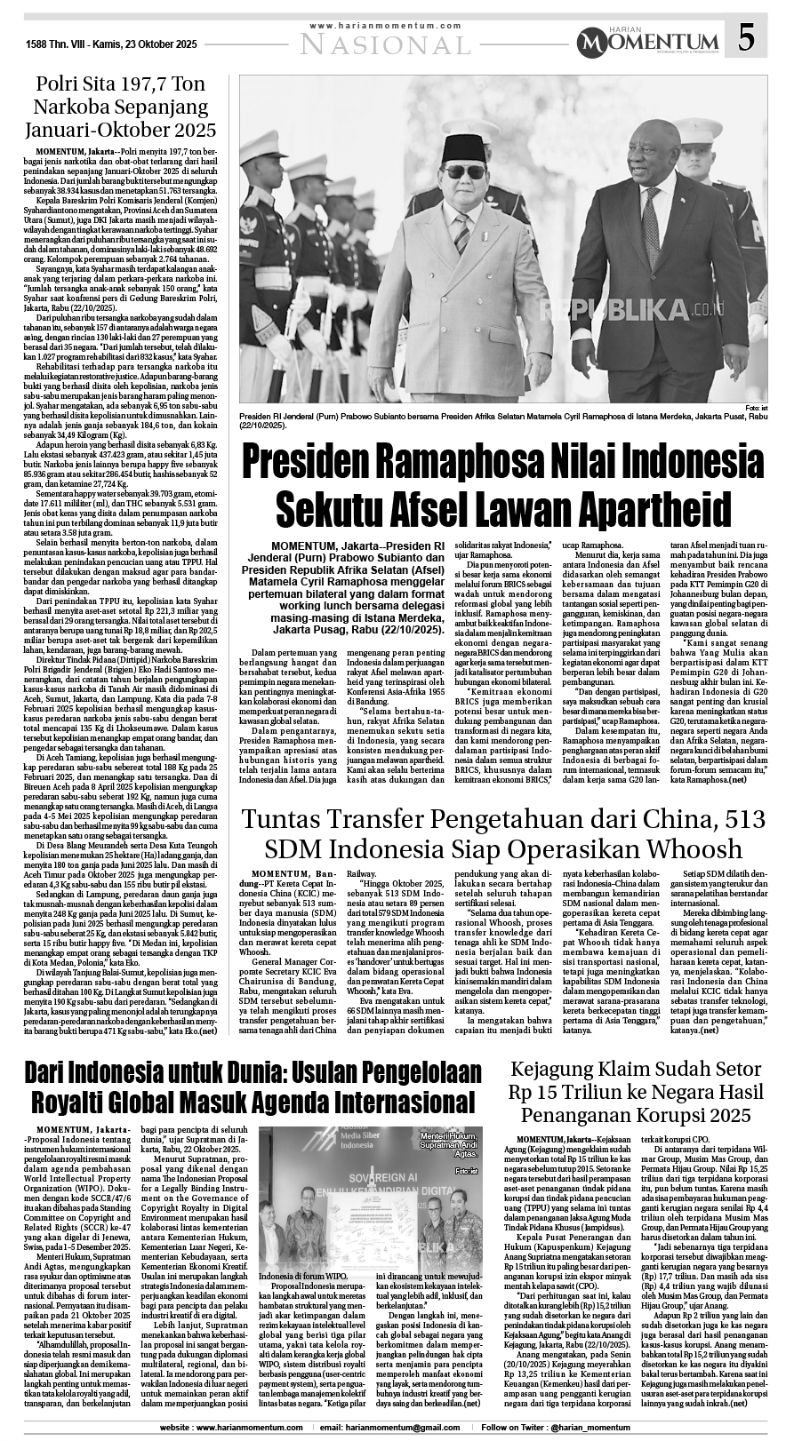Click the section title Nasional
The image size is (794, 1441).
[386, 43]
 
